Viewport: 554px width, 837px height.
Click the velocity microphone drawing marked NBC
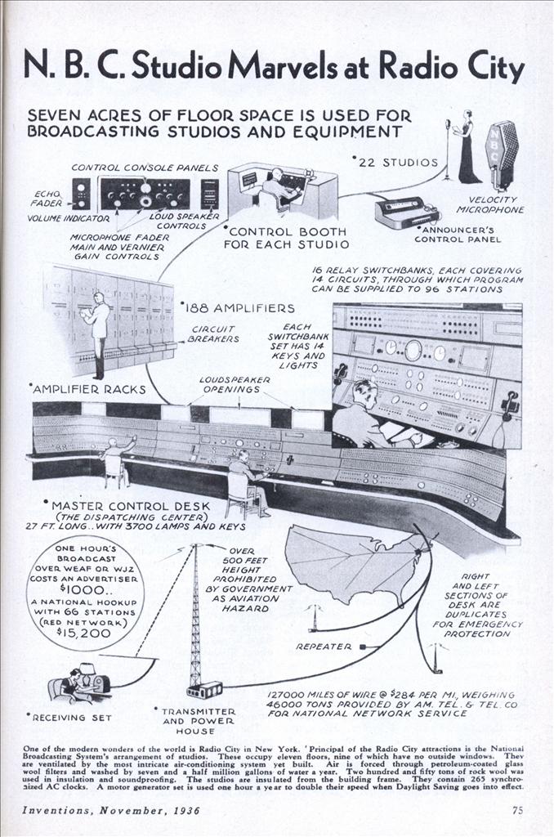point(503,154)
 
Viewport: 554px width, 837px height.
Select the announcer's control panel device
point(406,213)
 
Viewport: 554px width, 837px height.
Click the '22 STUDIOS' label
point(394,162)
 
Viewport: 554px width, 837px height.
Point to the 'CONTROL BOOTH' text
point(285,231)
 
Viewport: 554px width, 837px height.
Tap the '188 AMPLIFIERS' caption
point(239,308)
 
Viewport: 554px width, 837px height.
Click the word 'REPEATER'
point(323,646)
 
